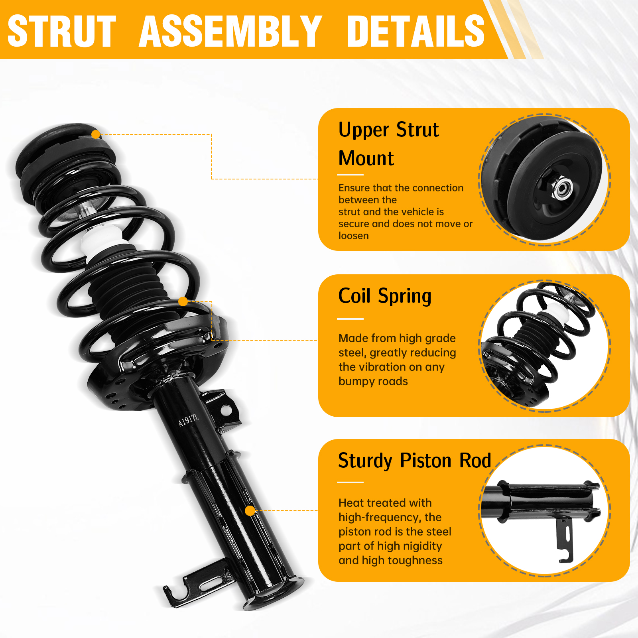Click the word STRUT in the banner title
point(62,31)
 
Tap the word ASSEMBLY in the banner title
point(230,31)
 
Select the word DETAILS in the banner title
point(416,31)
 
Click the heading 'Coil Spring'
point(385,296)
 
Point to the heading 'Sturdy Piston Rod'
point(415,461)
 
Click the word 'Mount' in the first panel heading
point(366,158)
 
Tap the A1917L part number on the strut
point(189,420)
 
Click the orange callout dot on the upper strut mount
point(96,134)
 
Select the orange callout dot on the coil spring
point(183,301)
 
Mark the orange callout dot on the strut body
point(250,511)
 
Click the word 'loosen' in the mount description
point(354,236)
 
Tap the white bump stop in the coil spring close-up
point(554,313)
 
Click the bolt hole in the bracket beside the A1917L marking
point(225,410)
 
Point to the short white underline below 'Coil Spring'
point(350,319)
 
